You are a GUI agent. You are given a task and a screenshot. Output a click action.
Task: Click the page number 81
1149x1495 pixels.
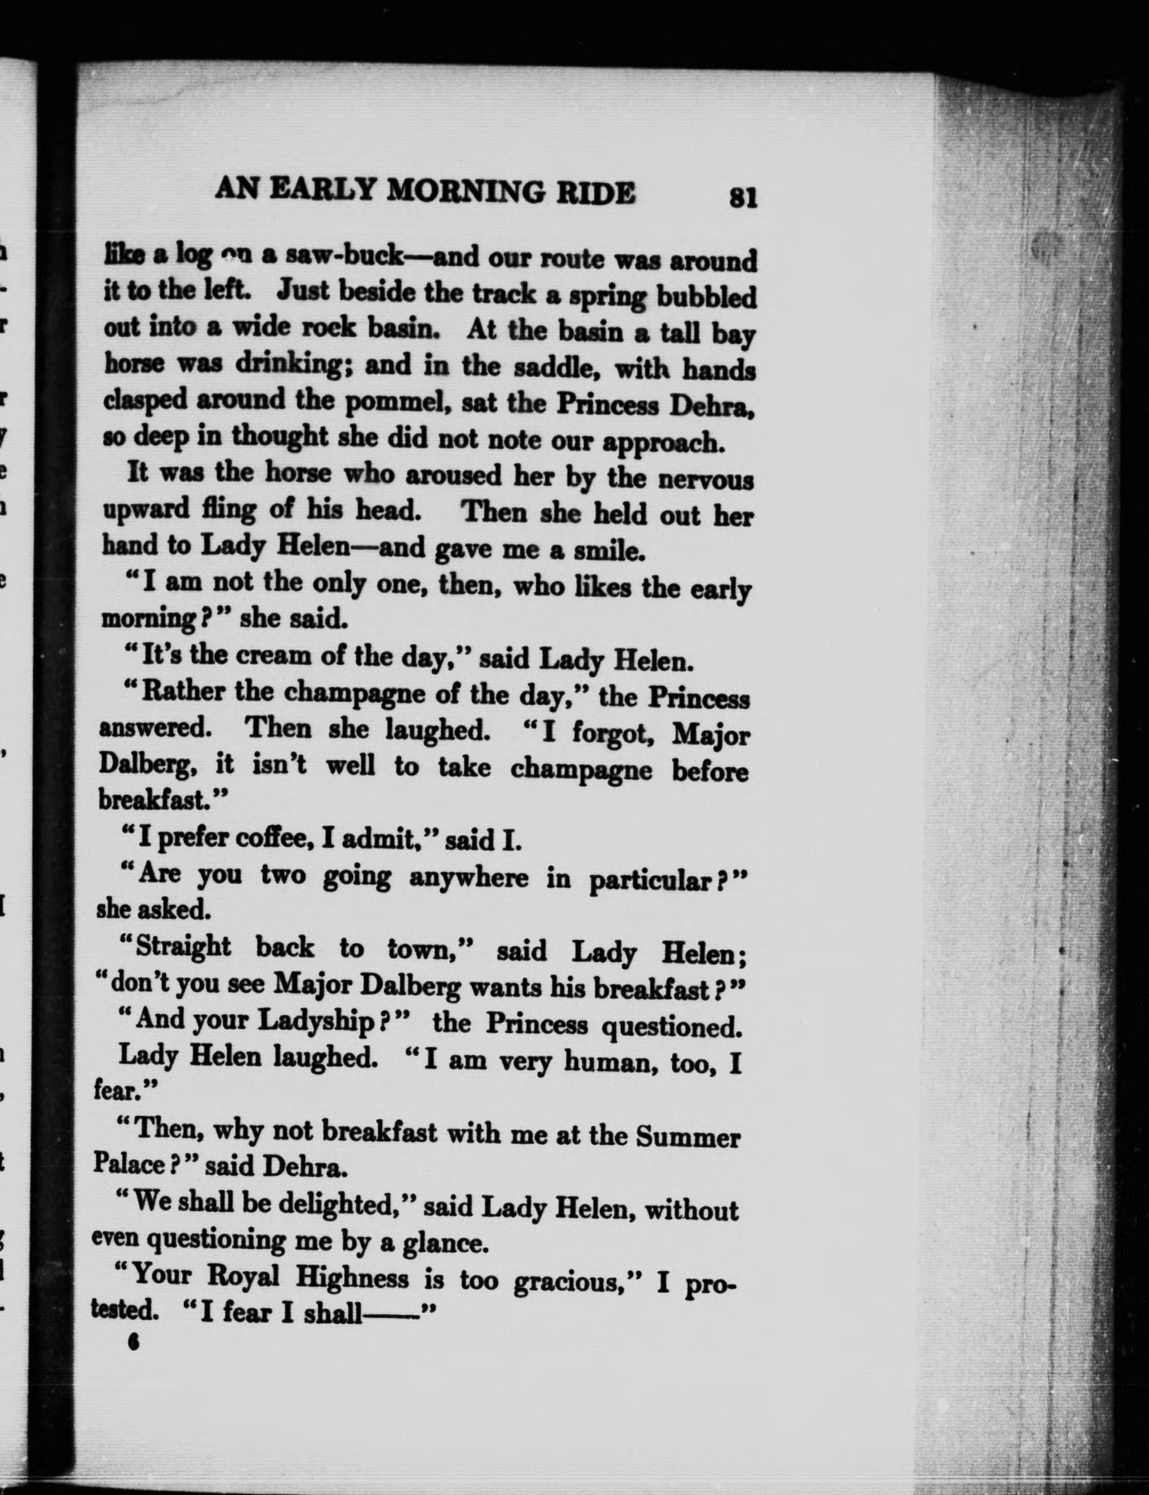pos(743,197)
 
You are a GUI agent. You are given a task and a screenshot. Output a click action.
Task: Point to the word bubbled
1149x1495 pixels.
pos(706,297)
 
